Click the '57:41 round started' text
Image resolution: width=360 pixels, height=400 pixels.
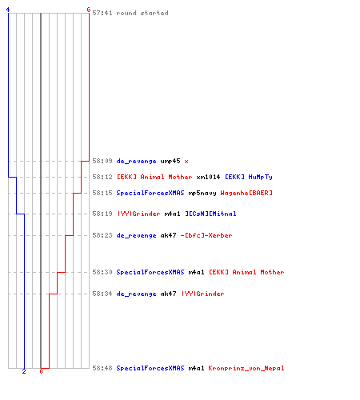click(130, 13)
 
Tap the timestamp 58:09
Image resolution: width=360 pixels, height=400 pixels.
click(102, 161)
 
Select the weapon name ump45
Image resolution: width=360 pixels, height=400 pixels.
click(170, 162)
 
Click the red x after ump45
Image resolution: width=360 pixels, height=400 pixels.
click(186, 162)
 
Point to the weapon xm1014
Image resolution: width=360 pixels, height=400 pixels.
click(208, 177)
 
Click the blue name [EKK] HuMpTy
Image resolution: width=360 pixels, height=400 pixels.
click(249, 177)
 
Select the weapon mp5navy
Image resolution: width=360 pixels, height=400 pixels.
click(202, 193)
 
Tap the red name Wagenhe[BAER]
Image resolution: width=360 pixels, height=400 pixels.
click(246, 193)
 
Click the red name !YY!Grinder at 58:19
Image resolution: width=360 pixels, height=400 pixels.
click(138, 214)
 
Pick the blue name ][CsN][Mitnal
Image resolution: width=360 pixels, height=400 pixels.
click(210, 214)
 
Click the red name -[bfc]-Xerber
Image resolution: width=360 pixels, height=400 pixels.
click(206, 235)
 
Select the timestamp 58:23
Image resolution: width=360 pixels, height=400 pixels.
click(102, 235)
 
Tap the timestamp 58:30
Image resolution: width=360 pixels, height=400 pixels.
click(102, 272)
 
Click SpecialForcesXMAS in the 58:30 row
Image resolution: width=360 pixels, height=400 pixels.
click(150, 272)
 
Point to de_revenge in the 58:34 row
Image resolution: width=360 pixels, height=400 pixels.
click(136, 294)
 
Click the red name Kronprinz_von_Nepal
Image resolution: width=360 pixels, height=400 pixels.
click(246, 368)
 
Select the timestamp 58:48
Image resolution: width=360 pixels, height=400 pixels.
click(102, 368)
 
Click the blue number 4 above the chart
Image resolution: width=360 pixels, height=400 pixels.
click(8, 10)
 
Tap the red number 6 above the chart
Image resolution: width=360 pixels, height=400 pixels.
click(89, 10)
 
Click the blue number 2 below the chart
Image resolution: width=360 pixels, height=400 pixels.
click(24, 371)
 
